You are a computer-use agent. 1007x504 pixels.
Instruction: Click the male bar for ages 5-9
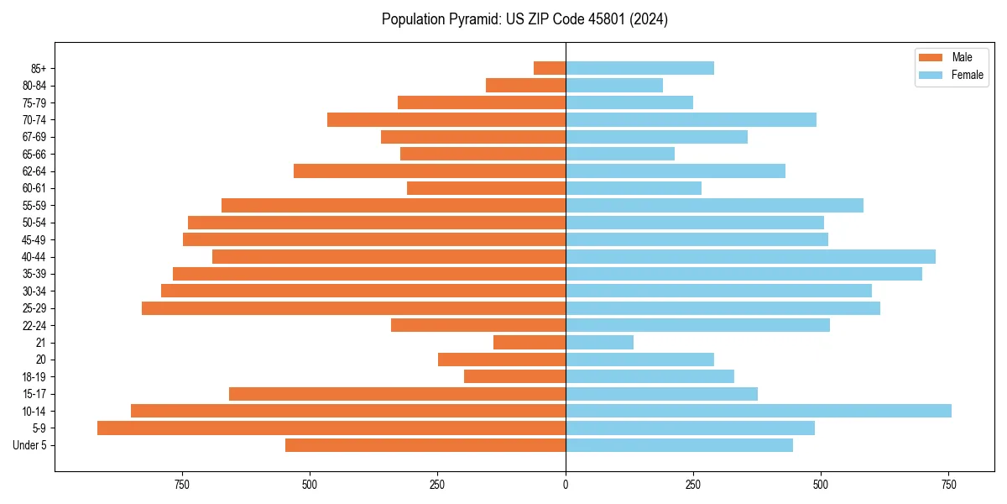tap(331, 428)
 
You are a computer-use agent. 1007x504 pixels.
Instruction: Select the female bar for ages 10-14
tap(759, 411)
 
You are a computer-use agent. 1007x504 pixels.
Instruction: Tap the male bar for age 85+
tap(550, 68)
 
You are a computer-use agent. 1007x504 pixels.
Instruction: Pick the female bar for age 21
tap(599, 342)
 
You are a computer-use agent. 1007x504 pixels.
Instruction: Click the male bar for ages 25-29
tap(353, 308)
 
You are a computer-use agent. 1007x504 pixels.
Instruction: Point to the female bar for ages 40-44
tap(750, 256)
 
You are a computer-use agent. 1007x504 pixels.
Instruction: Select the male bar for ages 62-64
tap(430, 171)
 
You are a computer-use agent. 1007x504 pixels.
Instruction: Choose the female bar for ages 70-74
tap(691, 119)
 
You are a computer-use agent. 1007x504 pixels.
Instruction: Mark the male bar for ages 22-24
tap(478, 325)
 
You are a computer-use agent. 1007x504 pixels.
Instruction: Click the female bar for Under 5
tap(679, 445)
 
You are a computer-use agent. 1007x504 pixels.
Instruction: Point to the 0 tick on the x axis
tap(566, 485)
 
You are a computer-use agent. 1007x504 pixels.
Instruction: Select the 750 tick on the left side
tap(181, 485)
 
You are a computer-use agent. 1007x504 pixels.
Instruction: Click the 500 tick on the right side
tap(822, 485)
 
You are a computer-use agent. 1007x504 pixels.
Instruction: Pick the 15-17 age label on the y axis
tap(34, 394)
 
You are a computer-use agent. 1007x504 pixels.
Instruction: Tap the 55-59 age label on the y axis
tap(34, 205)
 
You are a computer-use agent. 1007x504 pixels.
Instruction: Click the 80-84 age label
tap(34, 86)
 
